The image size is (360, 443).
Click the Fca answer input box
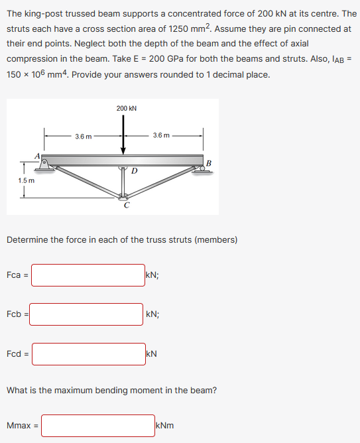pyautogui.click(x=88, y=275)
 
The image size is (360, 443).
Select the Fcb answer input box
pyautogui.click(x=86, y=314)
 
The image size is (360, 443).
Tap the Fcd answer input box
pyautogui.click(x=88, y=354)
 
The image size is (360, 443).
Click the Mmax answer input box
pyautogui.click(x=97, y=426)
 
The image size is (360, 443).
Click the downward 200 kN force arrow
pyautogui.click(x=123, y=136)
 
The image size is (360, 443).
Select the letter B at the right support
pyautogui.click(x=208, y=162)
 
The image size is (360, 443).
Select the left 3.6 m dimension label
pyautogui.click(x=84, y=136)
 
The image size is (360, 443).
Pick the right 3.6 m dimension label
pyautogui.click(x=160, y=136)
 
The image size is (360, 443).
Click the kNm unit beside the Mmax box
pyautogui.click(x=164, y=426)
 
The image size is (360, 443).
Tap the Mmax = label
pyautogui.click(x=22, y=426)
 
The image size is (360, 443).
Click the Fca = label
pyautogui.click(x=17, y=275)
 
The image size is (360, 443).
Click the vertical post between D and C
pyautogui.click(x=123, y=182)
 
